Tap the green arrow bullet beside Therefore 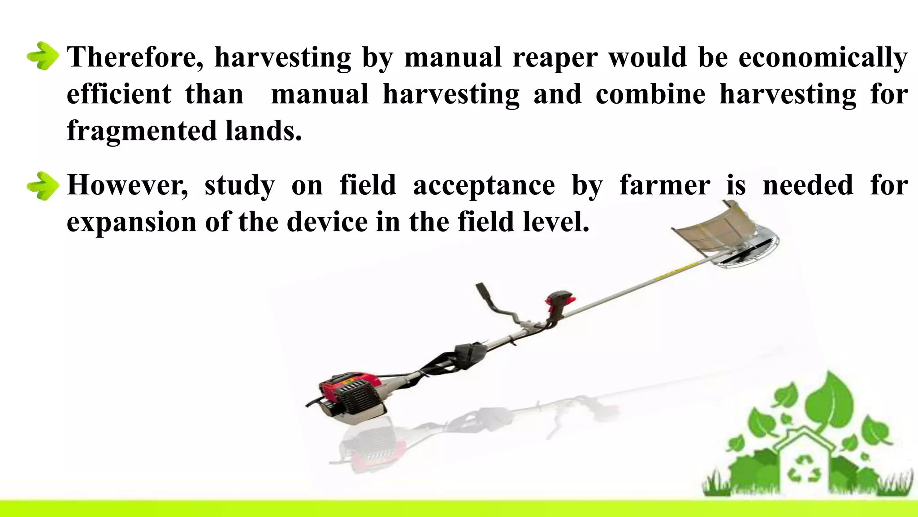[x=43, y=56]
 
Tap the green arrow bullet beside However [x=43, y=185]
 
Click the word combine [x=650, y=94]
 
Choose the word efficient [x=119, y=94]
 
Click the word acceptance [x=484, y=186]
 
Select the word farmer [x=665, y=185]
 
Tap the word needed [x=808, y=185]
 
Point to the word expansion [x=131, y=222]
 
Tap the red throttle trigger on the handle [x=560, y=298]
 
